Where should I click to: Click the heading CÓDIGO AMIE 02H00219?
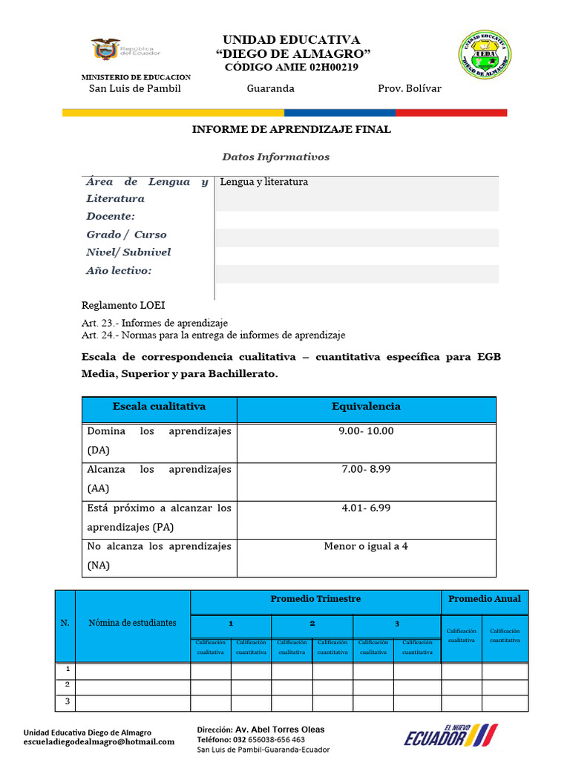point(291,68)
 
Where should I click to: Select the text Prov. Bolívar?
point(409,88)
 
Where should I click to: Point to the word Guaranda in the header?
point(270,88)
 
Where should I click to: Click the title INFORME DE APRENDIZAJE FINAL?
point(291,129)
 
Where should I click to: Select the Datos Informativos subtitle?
point(275,157)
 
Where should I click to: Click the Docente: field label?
point(111,216)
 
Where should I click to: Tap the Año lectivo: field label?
point(119,271)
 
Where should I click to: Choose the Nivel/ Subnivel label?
point(128,252)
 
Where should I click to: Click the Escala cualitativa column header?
point(159,407)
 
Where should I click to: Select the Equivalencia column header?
point(366,407)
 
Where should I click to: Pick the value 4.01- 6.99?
point(366,508)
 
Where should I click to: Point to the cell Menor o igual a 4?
point(366,546)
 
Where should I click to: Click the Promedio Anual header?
point(485,599)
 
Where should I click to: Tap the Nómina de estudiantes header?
point(133,623)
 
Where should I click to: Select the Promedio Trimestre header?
point(315,599)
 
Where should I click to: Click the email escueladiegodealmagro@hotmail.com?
point(99,741)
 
